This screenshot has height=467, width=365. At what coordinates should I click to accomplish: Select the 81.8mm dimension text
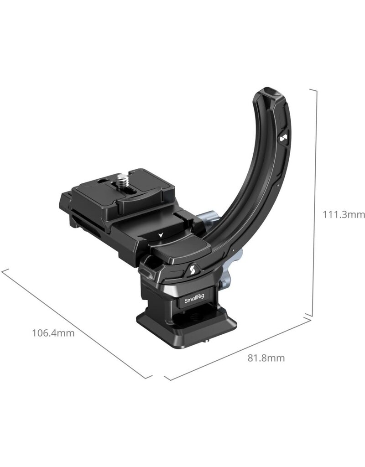point(266,358)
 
